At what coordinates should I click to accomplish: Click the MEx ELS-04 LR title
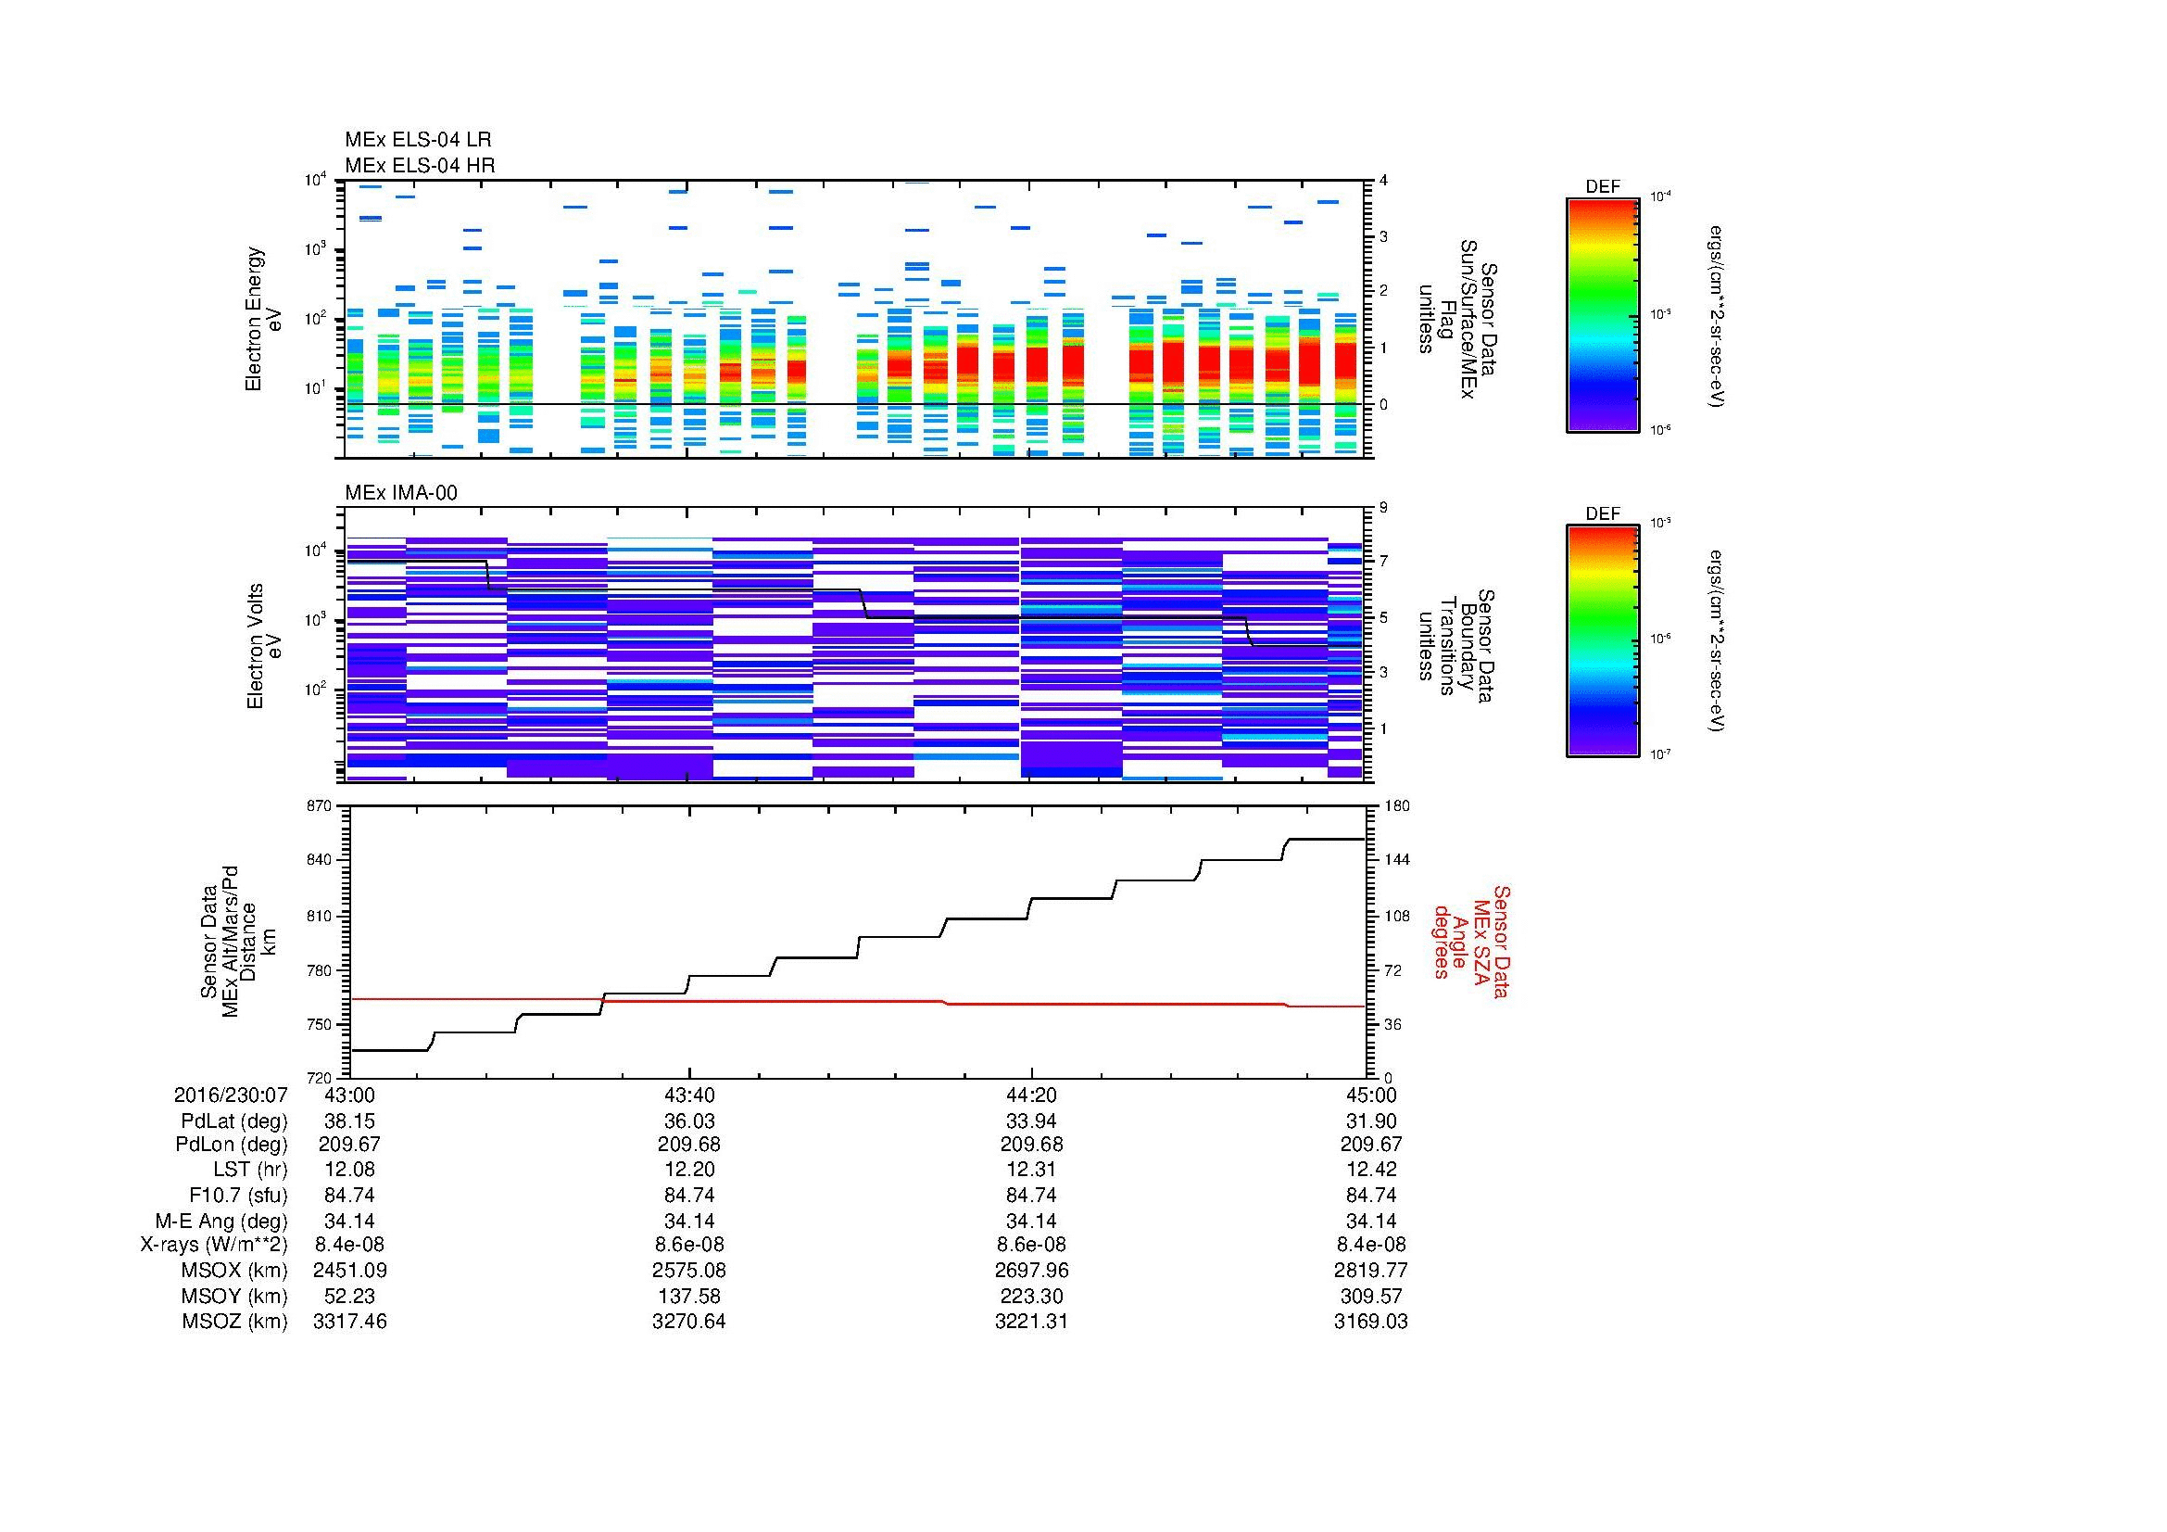click(x=417, y=140)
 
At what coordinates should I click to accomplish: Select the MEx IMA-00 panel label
click(x=400, y=493)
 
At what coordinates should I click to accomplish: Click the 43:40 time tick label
click(x=689, y=1095)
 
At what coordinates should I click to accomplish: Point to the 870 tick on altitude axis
click(x=318, y=806)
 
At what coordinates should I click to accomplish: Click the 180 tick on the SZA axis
click(x=1396, y=806)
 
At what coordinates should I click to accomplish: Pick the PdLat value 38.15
click(x=349, y=1121)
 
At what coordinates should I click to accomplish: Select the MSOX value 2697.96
click(x=1030, y=1271)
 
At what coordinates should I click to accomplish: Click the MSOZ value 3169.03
click(x=1370, y=1322)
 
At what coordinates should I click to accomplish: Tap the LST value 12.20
click(x=689, y=1170)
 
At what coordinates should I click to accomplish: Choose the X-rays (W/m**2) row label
click(x=214, y=1245)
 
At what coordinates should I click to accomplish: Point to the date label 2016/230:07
click(x=231, y=1095)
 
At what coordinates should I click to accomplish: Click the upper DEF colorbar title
click(x=1603, y=187)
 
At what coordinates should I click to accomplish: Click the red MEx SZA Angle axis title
click(x=1470, y=941)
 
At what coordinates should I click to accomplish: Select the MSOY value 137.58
click(x=689, y=1296)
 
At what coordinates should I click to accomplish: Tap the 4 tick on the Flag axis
click(x=1383, y=181)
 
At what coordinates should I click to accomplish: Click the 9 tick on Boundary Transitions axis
click(x=1383, y=508)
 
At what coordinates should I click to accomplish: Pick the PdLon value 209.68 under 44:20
click(x=1030, y=1144)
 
